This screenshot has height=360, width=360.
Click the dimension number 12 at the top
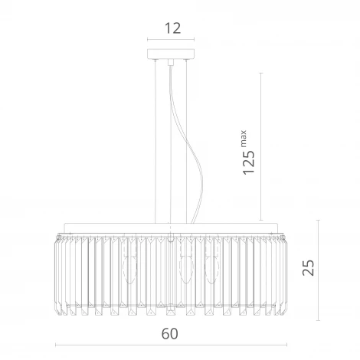coord(173,28)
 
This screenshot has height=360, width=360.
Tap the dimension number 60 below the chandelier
coord(170,334)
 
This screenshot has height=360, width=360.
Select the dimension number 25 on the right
coord(308,267)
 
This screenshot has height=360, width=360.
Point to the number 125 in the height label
coord(249,162)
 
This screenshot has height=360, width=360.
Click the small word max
coord(244,139)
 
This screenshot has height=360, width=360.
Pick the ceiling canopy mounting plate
coord(171,54)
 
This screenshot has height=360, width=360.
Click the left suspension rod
coord(155,142)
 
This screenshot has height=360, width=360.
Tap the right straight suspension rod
coord(187,142)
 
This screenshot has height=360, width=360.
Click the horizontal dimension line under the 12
coord(171,39)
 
